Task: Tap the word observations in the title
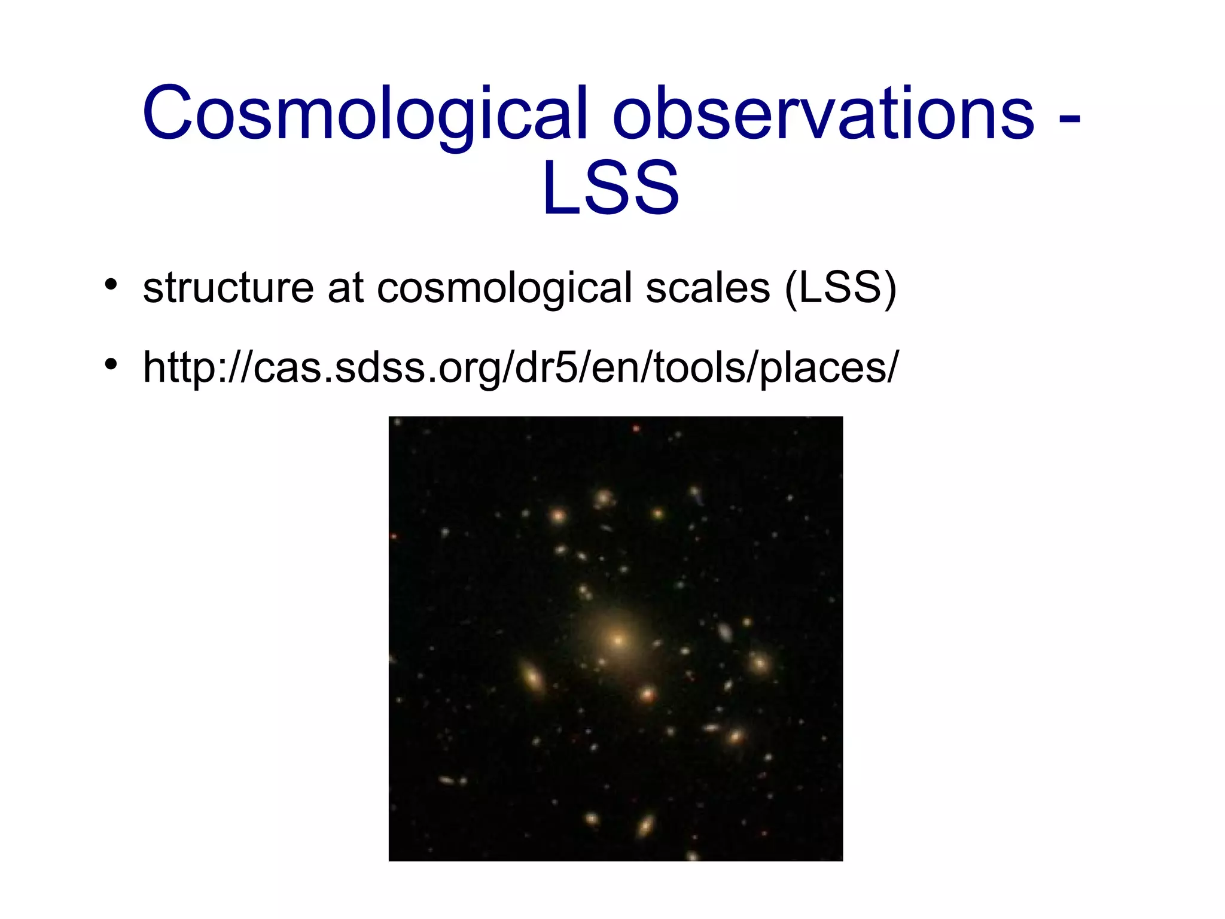coord(823,114)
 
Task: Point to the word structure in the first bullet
coord(228,288)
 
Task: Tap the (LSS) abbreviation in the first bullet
coord(840,289)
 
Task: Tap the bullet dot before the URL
coord(110,363)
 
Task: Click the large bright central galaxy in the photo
coord(618,640)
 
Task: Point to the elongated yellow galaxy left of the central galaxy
coord(532,677)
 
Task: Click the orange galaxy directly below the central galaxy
coord(647,695)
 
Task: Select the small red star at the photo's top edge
coord(636,428)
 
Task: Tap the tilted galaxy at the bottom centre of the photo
coord(645,826)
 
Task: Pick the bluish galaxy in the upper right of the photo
coord(696,494)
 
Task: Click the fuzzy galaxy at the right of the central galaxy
coord(760,663)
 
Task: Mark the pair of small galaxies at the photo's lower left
coord(453,780)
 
